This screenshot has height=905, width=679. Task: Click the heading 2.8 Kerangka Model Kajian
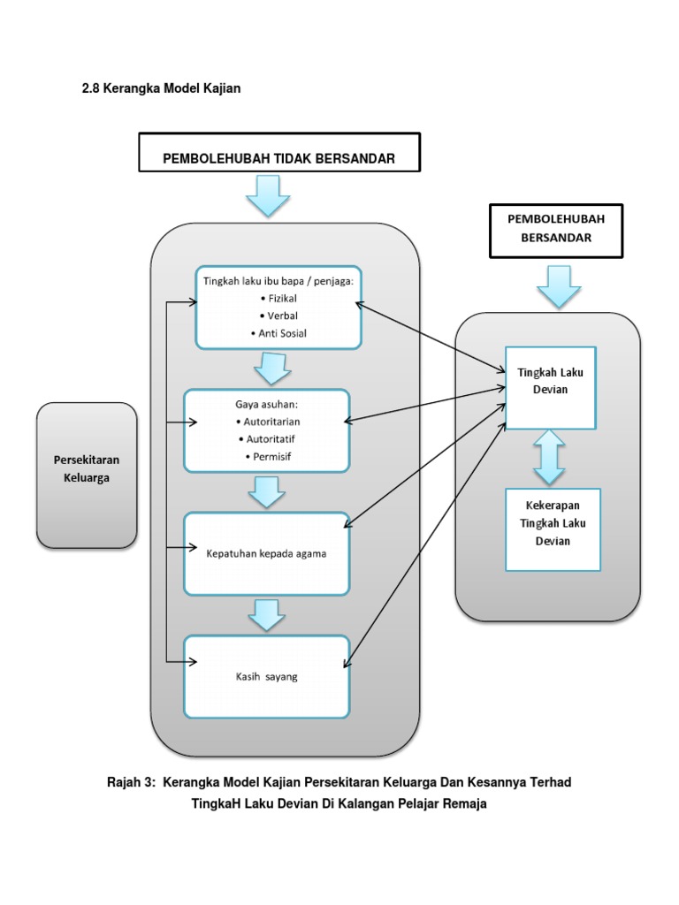click(161, 88)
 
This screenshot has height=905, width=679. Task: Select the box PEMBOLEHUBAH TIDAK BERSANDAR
click(278, 158)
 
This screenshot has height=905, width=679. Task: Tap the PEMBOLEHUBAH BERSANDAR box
click(555, 229)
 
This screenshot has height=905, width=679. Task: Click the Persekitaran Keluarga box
click(87, 475)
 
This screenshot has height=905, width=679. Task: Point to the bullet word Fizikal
click(281, 299)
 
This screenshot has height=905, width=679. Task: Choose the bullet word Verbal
click(280, 316)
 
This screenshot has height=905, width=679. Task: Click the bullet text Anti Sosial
click(279, 333)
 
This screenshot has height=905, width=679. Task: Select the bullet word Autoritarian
click(269, 422)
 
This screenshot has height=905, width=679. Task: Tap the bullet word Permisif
click(269, 456)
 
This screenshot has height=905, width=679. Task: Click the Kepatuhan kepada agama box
click(266, 553)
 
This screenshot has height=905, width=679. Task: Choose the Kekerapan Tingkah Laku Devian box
click(553, 529)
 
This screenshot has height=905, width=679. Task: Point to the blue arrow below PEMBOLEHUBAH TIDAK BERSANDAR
click(267, 195)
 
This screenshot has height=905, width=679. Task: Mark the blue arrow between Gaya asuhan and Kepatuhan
click(265, 491)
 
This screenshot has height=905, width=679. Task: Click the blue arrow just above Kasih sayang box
click(265, 614)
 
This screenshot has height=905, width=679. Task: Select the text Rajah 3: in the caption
click(131, 782)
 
